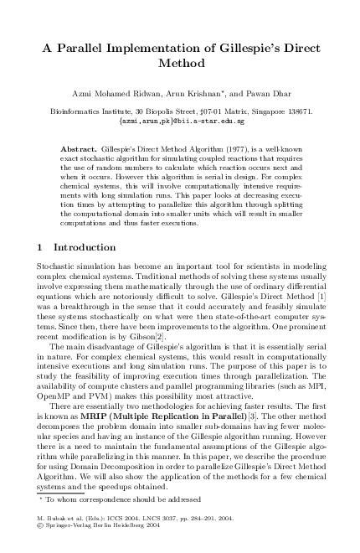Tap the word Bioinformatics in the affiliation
click(x=73, y=109)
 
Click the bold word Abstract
click(x=79, y=147)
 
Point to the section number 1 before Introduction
click(x=42, y=247)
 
